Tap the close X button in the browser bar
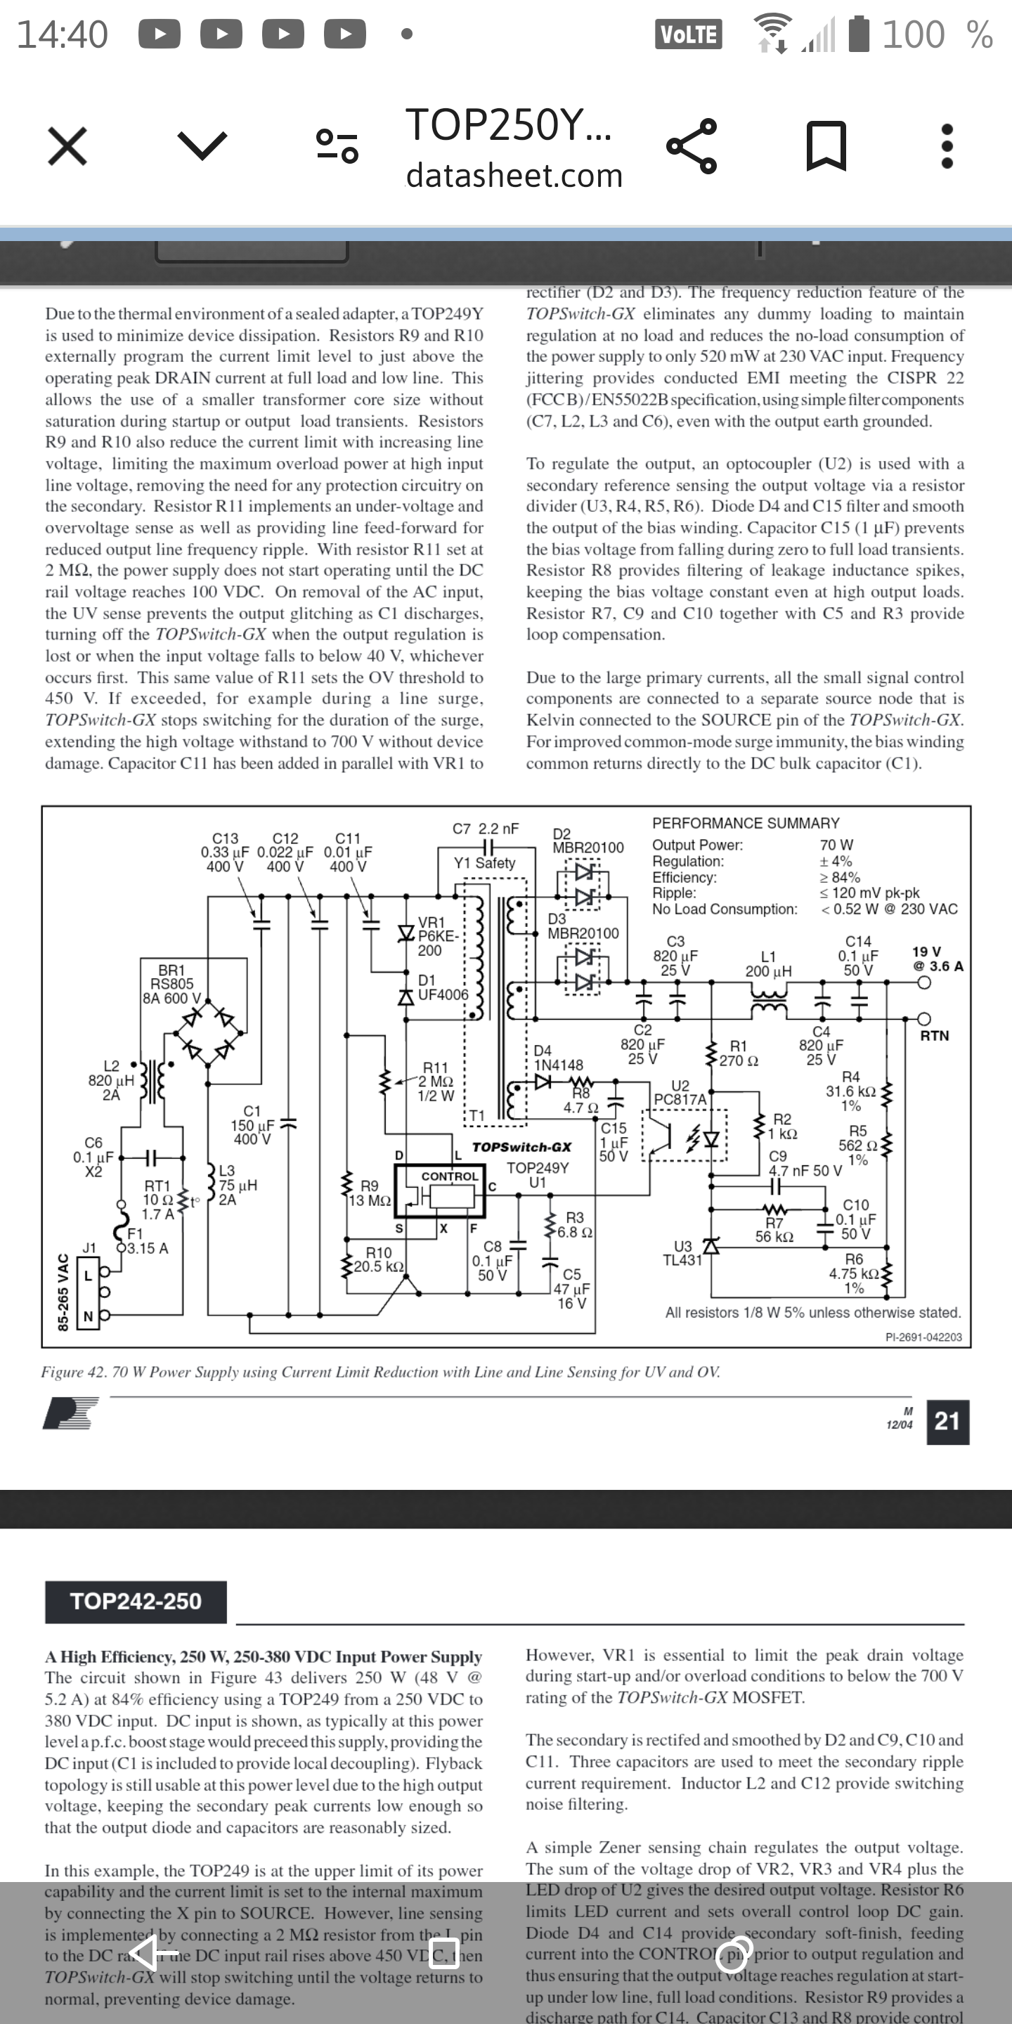[67, 146]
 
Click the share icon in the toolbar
[692, 146]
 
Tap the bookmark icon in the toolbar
[826, 146]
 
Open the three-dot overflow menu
[947, 146]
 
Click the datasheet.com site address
[514, 175]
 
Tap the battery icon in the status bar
[861, 34]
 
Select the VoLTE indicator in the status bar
[688, 34]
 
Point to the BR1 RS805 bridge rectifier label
[171, 984]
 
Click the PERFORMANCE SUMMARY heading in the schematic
[746, 823]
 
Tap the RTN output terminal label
[934, 1036]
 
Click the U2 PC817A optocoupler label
[680, 1093]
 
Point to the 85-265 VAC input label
[63, 1292]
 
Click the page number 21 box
[947, 1421]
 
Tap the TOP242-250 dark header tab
[136, 1602]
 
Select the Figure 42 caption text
[380, 1372]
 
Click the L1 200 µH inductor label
[768, 964]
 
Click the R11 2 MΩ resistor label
[436, 1081]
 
